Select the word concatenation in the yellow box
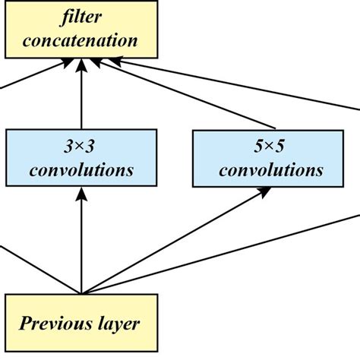(81, 39)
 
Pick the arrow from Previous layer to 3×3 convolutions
(81, 243)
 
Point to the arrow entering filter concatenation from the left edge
(30, 79)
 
